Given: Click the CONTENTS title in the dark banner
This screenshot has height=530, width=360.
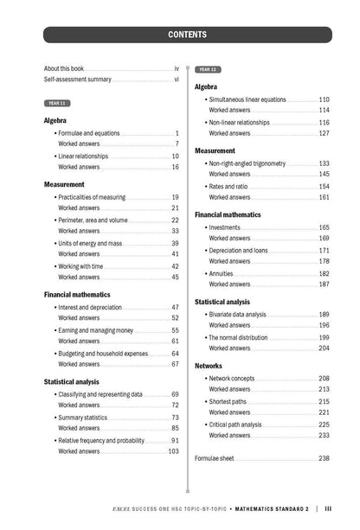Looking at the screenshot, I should pos(187,35).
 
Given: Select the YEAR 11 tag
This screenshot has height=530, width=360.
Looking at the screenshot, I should pos(57,103).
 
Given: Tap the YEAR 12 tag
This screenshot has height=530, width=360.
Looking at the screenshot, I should pos(208,69).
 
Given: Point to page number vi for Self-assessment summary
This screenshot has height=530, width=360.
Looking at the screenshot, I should pos(177,79).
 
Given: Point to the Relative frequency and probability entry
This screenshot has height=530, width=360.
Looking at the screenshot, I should pos(101,440).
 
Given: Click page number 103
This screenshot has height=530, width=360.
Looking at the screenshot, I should pos(173,451).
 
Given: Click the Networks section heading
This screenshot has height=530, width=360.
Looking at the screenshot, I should pos(209,366).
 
